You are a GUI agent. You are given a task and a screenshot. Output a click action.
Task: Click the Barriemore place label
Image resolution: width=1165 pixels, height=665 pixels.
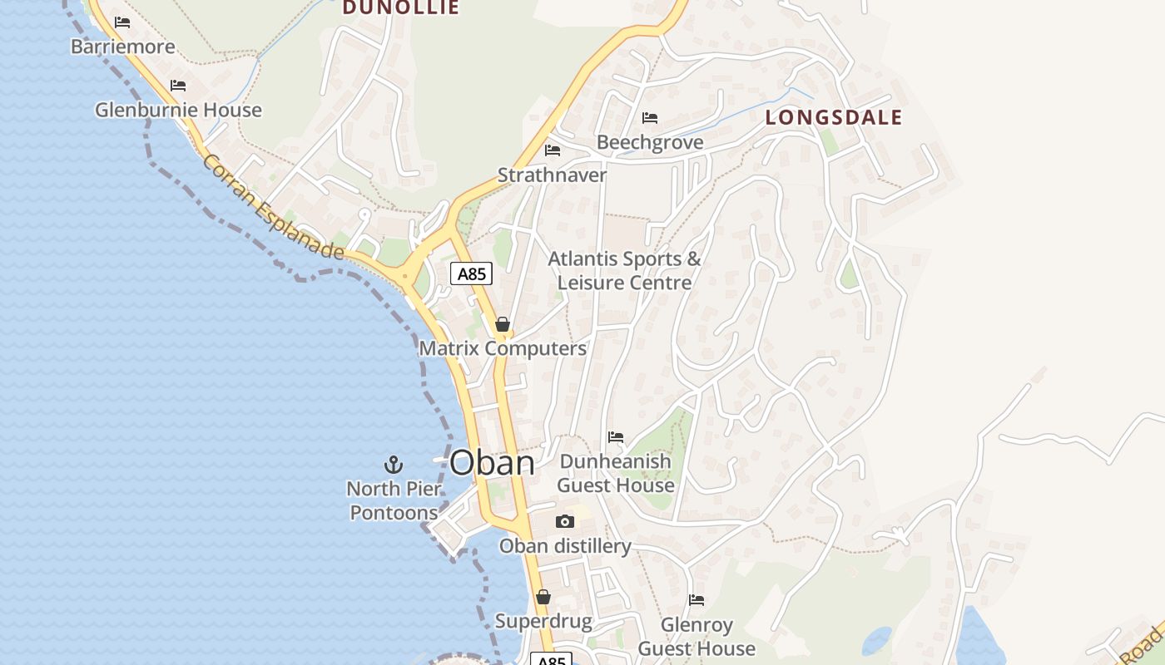coord(123,47)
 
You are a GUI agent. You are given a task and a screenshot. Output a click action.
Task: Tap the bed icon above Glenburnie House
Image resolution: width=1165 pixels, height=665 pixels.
coord(178,86)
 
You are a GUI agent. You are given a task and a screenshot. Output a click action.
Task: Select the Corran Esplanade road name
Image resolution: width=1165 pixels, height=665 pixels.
coord(273,208)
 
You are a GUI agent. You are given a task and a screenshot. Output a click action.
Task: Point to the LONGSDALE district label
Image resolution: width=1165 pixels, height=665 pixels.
coord(833,118)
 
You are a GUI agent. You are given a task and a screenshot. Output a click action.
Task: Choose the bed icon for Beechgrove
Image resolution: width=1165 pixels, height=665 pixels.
coord(650,118)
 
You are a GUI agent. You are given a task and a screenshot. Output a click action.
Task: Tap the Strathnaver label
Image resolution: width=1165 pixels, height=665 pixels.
coord(552,175)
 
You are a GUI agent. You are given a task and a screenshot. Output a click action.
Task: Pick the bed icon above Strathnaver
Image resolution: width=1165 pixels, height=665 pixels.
coord(552,150)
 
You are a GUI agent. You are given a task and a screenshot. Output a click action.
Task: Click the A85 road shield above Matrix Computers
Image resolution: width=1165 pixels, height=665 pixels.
coord(471,273)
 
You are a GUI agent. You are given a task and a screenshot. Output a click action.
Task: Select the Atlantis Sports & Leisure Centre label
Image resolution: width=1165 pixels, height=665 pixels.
coord(624,271)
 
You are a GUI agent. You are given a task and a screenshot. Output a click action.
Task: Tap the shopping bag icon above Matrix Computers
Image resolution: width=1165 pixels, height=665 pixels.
coord(502,324)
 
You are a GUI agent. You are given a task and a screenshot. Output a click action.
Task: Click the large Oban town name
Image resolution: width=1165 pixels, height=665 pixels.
coord(492,463)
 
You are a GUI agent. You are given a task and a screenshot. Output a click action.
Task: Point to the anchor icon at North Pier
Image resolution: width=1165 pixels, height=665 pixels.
coord(393,464)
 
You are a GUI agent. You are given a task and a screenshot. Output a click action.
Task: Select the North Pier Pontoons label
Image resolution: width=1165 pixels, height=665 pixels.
coord(394,500)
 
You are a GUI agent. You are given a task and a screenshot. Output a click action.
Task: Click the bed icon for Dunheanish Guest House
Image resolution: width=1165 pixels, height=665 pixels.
coord(616,437)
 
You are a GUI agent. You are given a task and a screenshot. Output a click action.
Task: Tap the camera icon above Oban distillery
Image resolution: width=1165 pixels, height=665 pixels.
coord(565,521)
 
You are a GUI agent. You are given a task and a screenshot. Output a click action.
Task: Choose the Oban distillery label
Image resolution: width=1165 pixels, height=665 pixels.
coord(565,546)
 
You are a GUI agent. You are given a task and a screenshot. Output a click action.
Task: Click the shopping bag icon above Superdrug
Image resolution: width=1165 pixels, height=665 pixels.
coord(543,597)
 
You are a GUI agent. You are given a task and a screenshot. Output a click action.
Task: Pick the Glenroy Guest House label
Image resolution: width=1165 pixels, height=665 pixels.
coord(697,637)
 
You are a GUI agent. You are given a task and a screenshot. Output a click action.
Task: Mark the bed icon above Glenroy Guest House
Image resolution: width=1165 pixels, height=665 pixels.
coord(697,600)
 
